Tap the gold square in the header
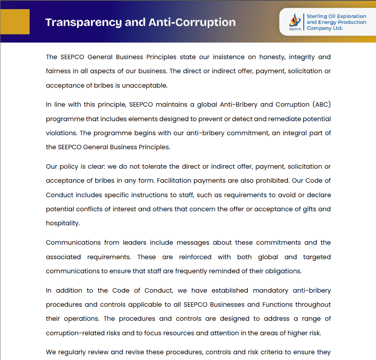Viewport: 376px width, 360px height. (15, 21)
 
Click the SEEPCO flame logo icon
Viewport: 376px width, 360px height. (295, 20)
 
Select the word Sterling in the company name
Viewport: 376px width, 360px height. (316, 16)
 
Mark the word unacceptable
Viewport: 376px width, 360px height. (147, 86)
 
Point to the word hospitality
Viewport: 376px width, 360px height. (62, 223)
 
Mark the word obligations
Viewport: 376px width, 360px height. (283, 271)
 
